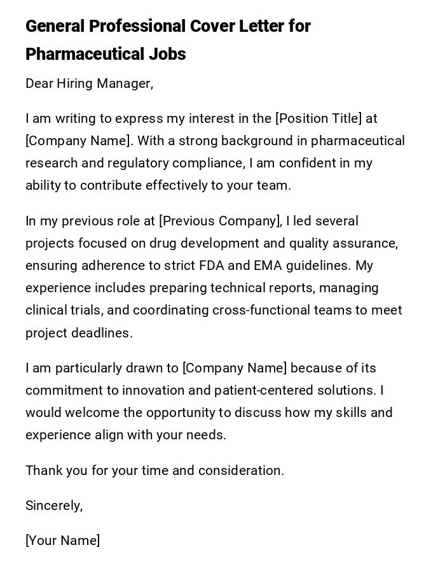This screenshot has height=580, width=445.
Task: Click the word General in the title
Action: (55, 27)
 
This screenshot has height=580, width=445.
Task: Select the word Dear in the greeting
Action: (39, 83)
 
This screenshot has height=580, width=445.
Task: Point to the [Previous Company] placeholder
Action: (220, 221)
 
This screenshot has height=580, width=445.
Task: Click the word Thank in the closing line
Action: (43, 470)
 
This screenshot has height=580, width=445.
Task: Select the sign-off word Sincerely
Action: (53, 506)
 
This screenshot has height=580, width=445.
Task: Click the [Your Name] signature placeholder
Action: (62, 541)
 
